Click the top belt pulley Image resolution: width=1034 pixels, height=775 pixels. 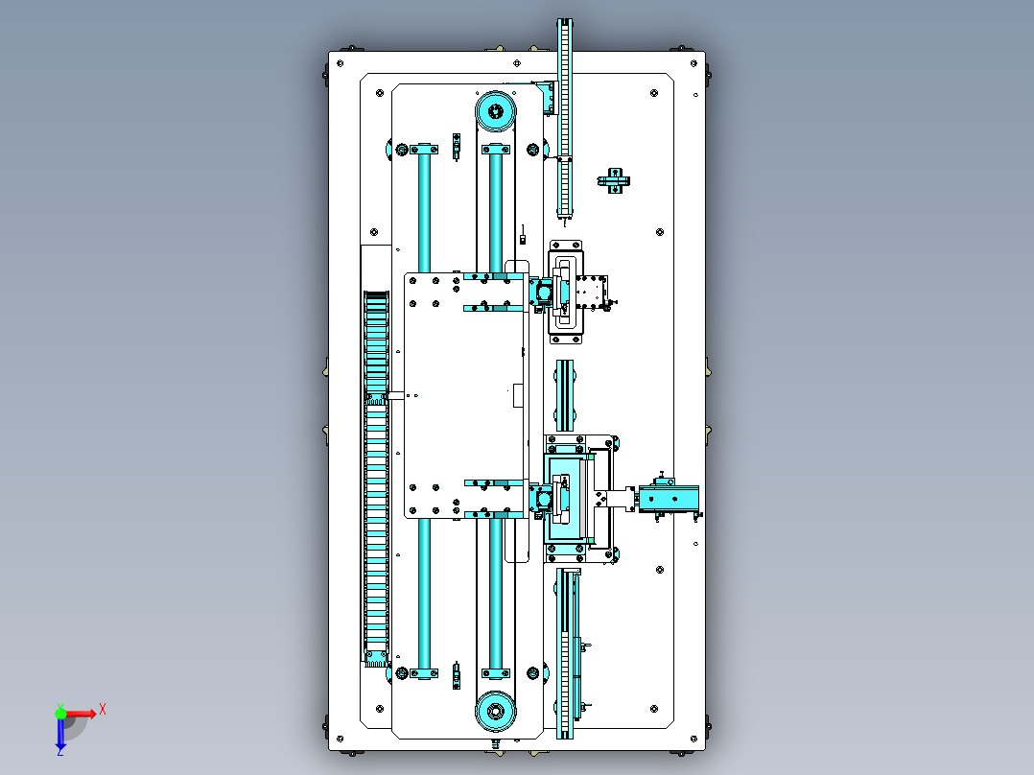point(495,111)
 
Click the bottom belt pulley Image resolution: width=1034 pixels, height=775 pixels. point(495,712)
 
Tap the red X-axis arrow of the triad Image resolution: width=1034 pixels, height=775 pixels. point(82,713)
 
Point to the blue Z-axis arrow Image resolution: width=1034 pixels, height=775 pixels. point(60,735)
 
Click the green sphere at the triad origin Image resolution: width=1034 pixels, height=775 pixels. point(60,713)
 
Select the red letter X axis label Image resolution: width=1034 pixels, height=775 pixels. point(103,709)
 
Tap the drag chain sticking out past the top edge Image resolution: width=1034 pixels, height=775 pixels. point(565,86)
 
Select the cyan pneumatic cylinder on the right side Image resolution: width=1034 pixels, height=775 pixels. point(669,499)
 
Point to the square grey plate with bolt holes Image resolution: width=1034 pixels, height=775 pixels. point(589,290)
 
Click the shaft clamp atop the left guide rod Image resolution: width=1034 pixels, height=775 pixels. point(424,150)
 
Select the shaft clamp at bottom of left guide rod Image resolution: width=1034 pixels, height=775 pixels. point(424,671)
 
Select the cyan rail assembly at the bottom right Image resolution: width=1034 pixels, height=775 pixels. point(570,652)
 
